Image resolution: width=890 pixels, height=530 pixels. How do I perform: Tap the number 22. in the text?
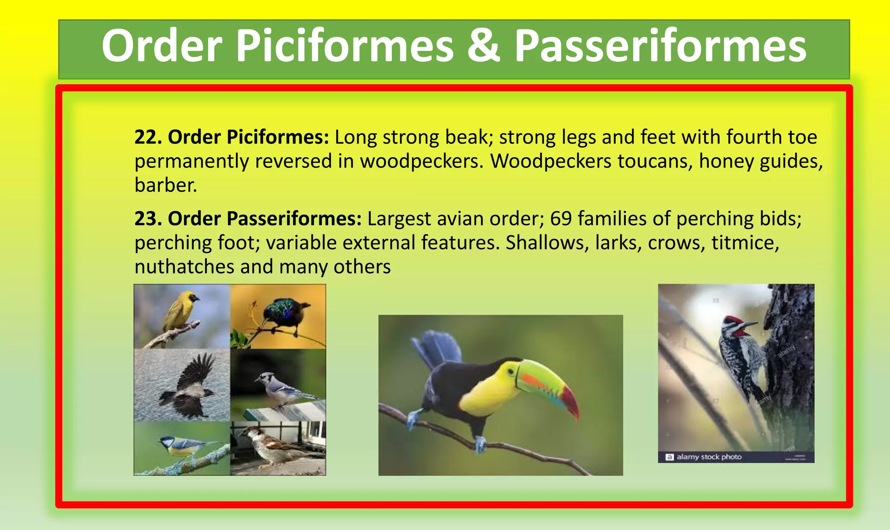pos(148,137)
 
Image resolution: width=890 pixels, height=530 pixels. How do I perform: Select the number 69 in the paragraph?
pos(561,219)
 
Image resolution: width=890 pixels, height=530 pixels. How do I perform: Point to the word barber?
pos(166,186)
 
